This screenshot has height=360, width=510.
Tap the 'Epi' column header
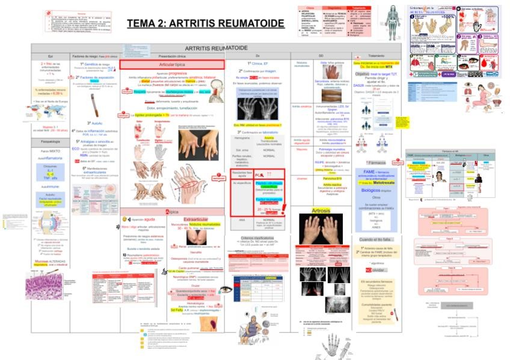coord(51,56)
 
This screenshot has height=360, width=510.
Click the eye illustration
coord(225,290)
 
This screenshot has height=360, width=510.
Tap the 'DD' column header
coord(321,56)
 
